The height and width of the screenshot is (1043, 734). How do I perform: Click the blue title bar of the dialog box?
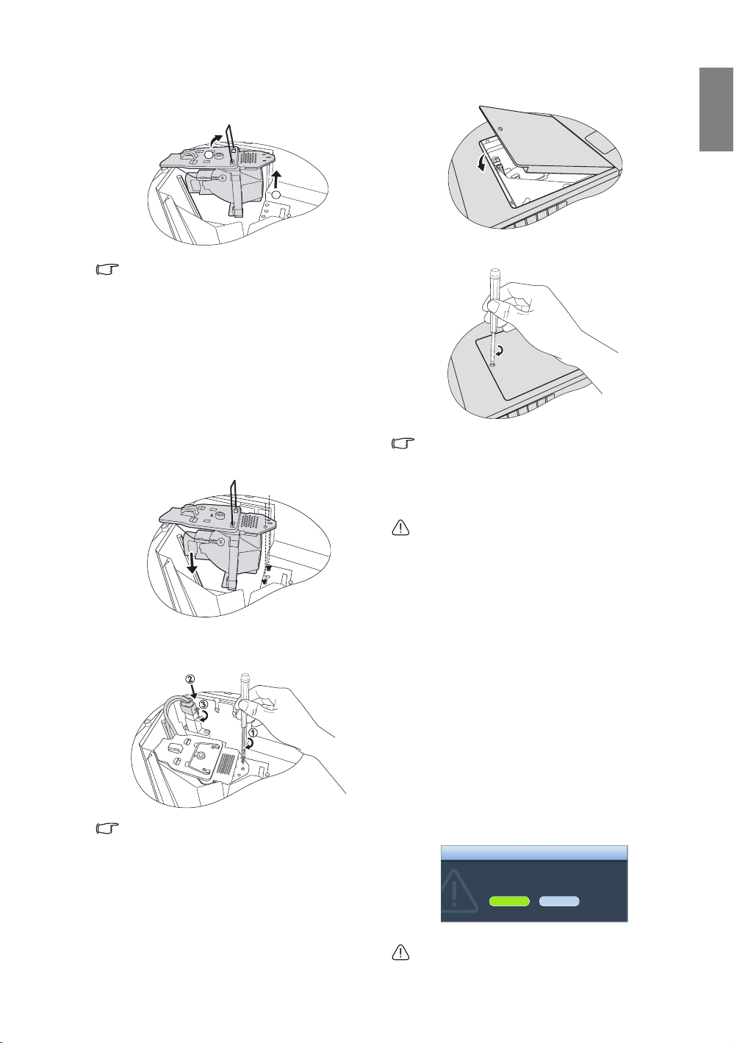click(534, 853)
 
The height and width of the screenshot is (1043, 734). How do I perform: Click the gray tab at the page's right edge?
click(716, 110)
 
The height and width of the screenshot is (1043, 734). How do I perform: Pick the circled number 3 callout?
click(204, 703)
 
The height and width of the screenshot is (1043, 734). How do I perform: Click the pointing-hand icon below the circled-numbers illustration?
click(107, 828)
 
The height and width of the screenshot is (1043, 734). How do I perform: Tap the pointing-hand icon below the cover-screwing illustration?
click(403, 443)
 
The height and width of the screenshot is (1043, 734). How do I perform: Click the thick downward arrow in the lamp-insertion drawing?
click(190, 564)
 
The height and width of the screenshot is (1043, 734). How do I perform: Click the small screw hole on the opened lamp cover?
click(500, 129)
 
